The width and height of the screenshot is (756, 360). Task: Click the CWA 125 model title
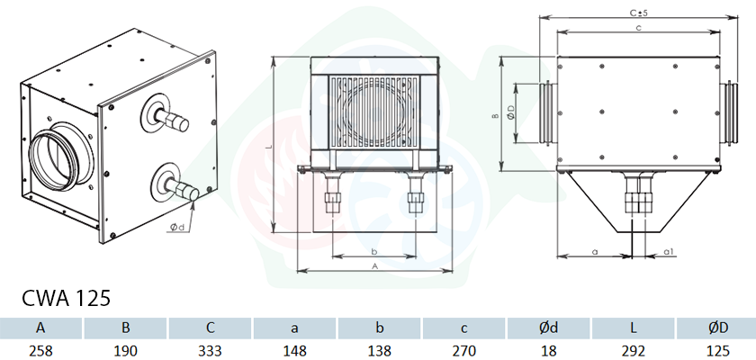66,299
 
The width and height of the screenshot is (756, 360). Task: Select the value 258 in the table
41,350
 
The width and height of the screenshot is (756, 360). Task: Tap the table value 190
125,350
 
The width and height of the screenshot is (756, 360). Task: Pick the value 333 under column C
211,350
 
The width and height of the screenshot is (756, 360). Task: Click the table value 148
295,350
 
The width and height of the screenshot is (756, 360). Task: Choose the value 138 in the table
380,350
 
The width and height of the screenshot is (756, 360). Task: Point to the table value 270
463,350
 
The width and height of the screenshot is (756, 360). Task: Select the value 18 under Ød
549,350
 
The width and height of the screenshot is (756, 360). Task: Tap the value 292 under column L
633,350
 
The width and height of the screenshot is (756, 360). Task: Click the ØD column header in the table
718,328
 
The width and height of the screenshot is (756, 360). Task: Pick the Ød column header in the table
549,328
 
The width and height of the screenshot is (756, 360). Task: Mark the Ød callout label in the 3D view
177,228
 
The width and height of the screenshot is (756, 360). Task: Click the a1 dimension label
668,251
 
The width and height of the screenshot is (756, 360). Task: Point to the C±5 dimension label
639,13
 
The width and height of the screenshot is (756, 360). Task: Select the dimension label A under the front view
374,265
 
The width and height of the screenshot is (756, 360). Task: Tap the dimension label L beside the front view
271,147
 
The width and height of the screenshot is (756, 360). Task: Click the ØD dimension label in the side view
511,112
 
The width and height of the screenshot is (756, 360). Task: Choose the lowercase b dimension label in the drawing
374,251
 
